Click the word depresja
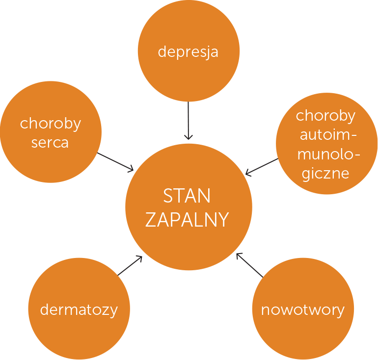point(188,52)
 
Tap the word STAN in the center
point(187,196)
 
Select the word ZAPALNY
point(187,220)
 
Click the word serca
point(50,143)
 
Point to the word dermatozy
point(79,309)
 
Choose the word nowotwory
point(303,310)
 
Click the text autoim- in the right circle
point(328,135)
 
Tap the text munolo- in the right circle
point(328,154)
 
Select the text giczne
point(325,174)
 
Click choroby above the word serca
point(51,124)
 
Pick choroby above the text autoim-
point(325,116)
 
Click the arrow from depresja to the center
point(189,121)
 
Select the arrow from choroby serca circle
point(115,162)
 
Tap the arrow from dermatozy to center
point(130,265)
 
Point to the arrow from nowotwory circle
point(250,265)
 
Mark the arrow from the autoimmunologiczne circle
point(262,167)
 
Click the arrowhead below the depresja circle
point(189,138)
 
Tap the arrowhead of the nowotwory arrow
point(238,255)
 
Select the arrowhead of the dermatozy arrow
point(140,257)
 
